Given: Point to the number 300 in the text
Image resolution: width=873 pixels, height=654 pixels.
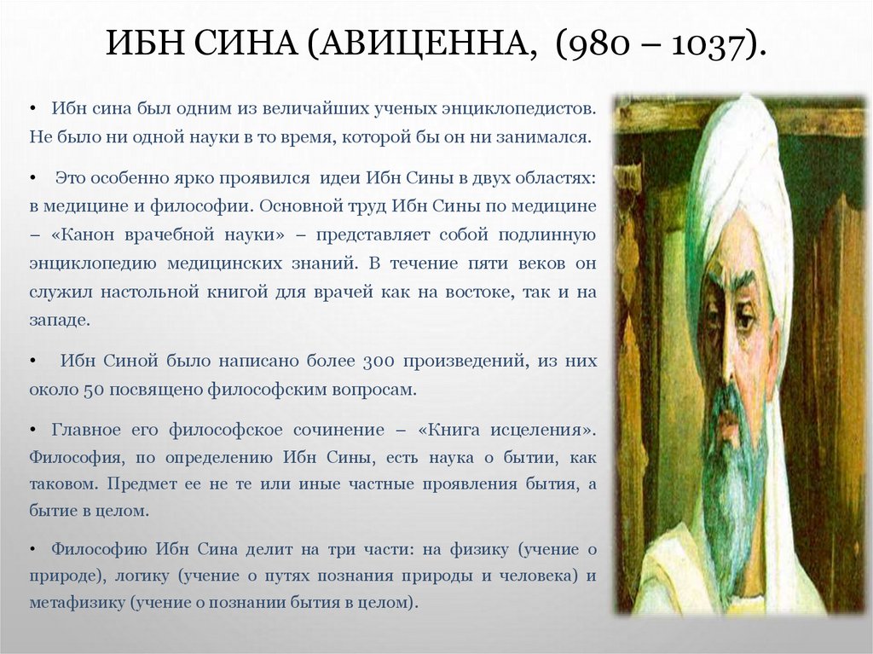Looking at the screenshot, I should [376, 362].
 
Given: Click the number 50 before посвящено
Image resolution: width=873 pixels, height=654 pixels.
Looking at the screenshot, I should [93, 390].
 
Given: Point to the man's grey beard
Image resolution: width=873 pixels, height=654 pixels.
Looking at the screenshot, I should [733, 477].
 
